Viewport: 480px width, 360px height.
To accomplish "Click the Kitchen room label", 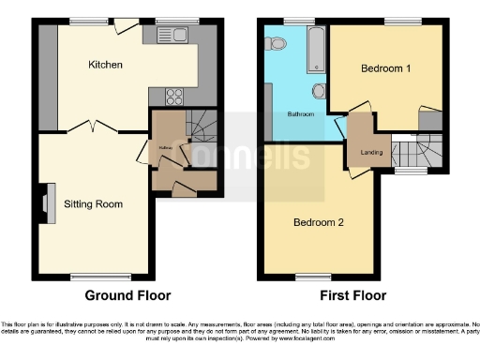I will click(105, 65).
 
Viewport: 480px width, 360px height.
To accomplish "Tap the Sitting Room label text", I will click(93, 202).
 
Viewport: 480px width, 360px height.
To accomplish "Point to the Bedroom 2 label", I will click(318, 222).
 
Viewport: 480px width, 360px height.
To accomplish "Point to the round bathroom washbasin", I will click(320, 91).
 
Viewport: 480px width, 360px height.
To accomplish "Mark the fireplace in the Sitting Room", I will click(45, 200).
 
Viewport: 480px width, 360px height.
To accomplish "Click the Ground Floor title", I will click(128, 294).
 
